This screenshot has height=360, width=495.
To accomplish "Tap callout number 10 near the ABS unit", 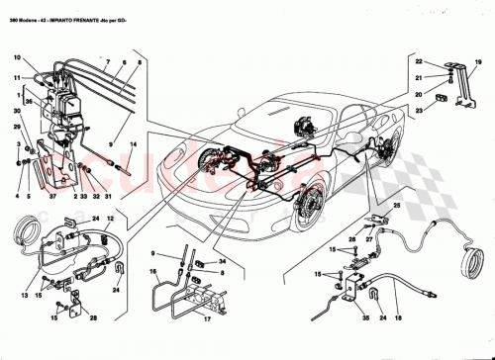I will [x=17, y=57].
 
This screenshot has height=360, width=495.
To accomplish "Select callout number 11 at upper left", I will [x=17, y=76].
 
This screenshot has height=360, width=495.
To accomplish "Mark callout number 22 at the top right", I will [x=419, y=62].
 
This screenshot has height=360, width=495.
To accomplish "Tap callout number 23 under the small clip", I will [x=419, y=110].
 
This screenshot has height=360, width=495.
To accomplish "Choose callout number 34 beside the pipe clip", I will [x=222, y=261].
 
